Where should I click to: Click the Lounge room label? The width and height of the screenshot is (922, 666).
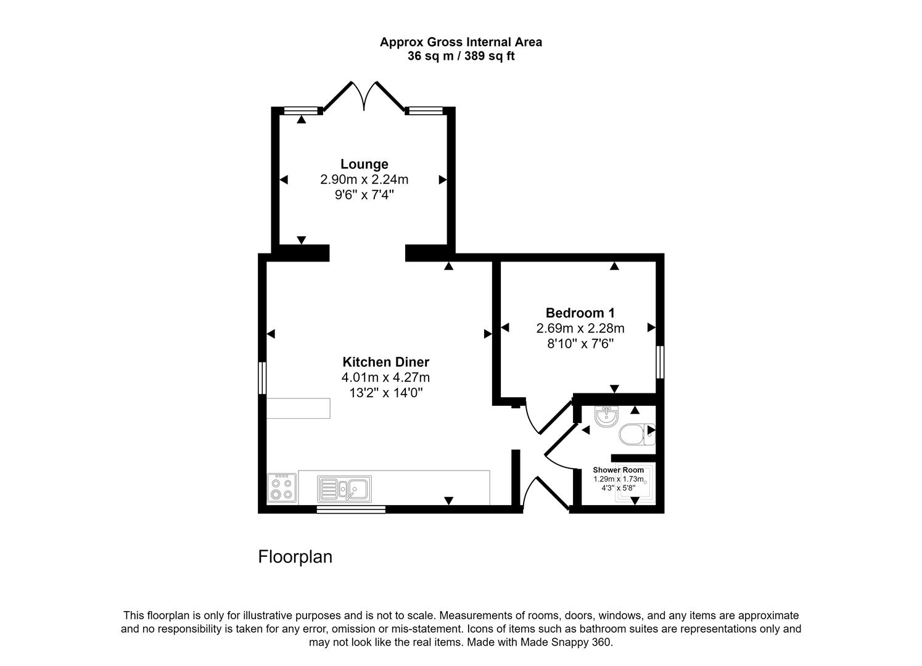pos(364,164)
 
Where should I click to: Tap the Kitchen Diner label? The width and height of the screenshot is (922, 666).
pos(385,362)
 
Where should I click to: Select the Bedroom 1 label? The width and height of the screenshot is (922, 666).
pos(580,313)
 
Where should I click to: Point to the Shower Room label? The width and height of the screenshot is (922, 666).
pos(618,470)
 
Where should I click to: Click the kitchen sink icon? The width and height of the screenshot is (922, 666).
pos(344,488)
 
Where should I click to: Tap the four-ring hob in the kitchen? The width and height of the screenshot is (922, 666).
pos(282,488)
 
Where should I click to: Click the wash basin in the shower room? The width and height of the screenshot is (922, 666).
pos(606,417)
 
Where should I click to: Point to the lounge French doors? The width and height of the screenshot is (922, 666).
pos(364,96)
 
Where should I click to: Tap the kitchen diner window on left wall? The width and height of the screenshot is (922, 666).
pos(262,377)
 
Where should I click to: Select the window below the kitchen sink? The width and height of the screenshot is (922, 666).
pos(351,509)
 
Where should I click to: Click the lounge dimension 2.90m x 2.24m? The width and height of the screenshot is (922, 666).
pos(364,179)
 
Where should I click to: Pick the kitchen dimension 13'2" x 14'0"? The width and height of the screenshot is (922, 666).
pos(385,393)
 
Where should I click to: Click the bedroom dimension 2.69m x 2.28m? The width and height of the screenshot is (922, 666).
pos(580,328)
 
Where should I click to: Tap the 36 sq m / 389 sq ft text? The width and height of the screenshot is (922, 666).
pos(461,56)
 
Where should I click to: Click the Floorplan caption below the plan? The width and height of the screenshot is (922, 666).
pos(295,557)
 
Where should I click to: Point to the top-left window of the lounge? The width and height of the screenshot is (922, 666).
pos(302,111)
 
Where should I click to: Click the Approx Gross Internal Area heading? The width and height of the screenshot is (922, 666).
pos(461,42)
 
